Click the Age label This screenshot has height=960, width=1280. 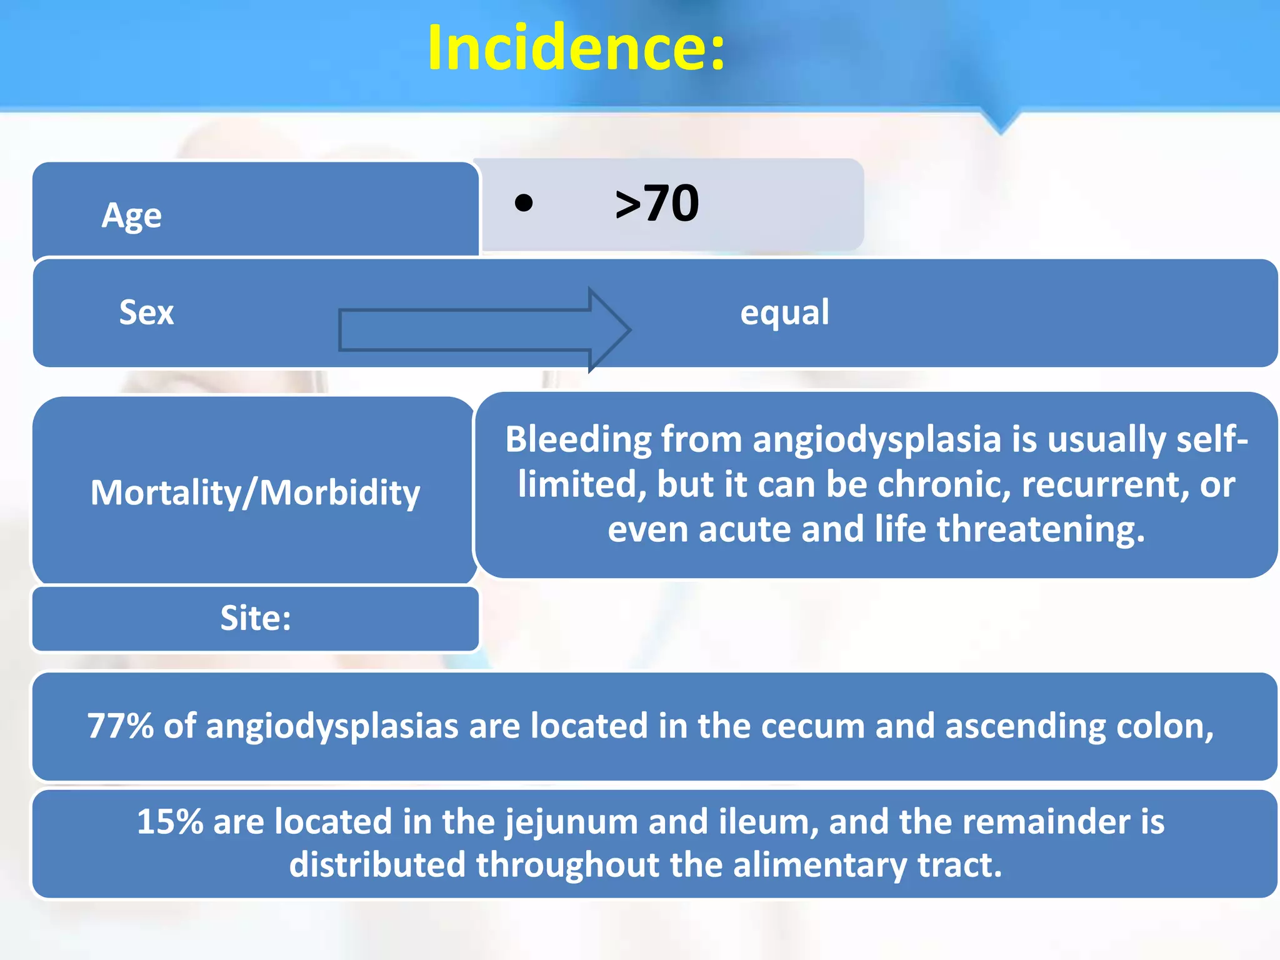[x=131, y=216]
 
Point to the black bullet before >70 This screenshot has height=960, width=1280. [x=524, y=203]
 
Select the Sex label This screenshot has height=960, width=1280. [x=146, y=312]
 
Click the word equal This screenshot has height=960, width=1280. [x=784, y=312]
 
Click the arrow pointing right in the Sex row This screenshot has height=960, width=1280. [x=484, y=329]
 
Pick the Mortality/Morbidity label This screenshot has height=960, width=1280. [x=255, y=492]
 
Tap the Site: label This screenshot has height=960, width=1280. [x=255, y=618]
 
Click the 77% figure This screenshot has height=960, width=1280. [x=120, y=726]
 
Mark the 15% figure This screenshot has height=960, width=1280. [x=169, y=822]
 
